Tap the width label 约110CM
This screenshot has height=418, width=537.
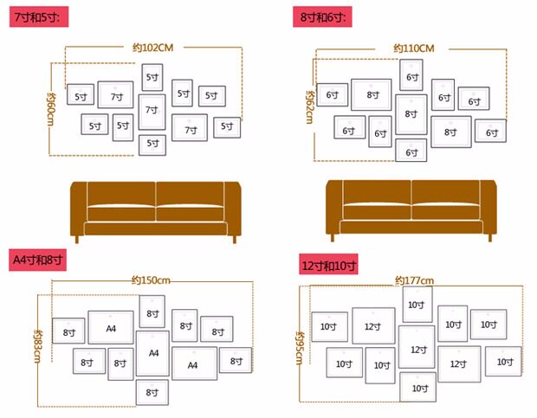click(413, 48)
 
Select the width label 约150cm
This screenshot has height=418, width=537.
click(151, 280)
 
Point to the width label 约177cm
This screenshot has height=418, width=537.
click(414, 280)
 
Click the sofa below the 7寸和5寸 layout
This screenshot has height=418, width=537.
click(153, 209)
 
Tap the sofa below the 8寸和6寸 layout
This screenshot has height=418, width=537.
click(411, 209)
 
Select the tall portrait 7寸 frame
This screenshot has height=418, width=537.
click(152, 111)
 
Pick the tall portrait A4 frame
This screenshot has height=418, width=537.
click(152, 353)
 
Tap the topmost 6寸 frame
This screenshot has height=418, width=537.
click(412, 76)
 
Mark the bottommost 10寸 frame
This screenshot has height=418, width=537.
click(417, 388)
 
